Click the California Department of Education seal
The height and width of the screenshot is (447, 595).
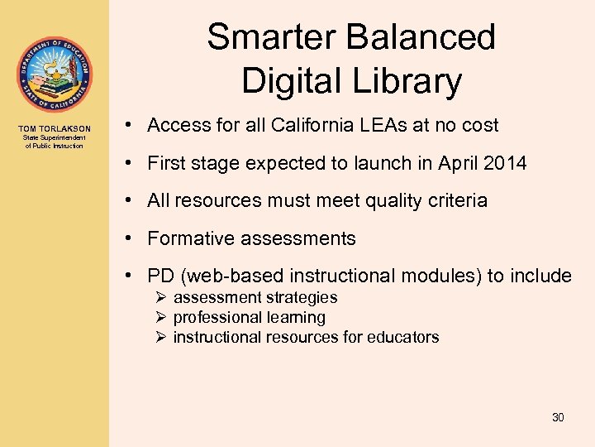[x=54, y=75]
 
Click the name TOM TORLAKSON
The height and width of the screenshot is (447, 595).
[x=55, y=128]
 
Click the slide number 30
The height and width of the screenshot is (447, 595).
[x=558, y=418]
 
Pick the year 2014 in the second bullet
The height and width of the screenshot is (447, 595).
[x=505, y=163]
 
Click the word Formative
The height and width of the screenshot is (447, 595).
[x=186, y=239]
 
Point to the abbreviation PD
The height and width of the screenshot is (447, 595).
[x=161, y=276]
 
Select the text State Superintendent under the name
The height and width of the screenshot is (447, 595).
[x=55, y=139]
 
